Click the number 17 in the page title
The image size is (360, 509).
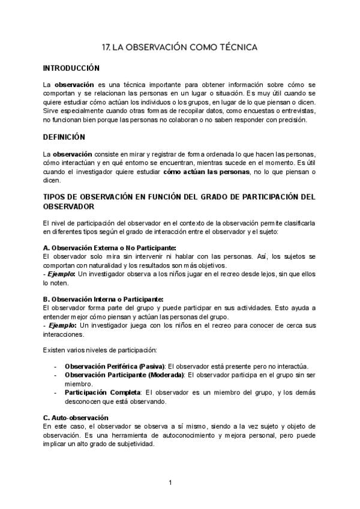pyautogui.click(x=107, y=46)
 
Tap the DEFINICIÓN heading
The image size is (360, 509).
pyautogui.click(x=64, y=137)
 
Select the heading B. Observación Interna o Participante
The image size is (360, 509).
pyautogui.click(x=103, y=299)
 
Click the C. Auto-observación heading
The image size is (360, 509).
pyautogui.click(x=76, y=417)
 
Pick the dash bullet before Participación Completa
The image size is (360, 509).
pyautogui.click(x=55, y=392)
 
